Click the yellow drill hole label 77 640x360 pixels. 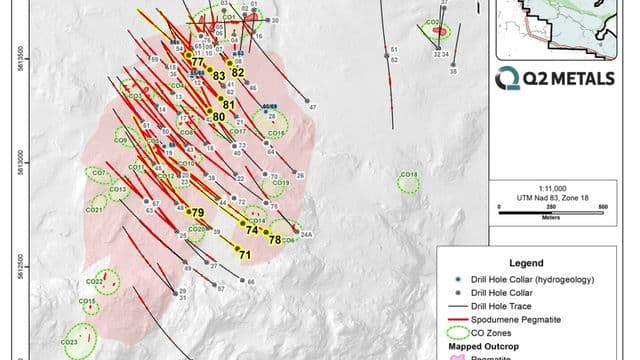196,63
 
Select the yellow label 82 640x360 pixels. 238,72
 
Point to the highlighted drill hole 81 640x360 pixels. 228,104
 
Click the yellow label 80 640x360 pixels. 219,117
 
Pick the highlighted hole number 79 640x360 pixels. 198,213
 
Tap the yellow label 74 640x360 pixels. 252,230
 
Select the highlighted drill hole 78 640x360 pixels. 274,239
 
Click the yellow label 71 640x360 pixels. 244,255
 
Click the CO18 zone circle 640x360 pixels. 408,181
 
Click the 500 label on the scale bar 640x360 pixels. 602,206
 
